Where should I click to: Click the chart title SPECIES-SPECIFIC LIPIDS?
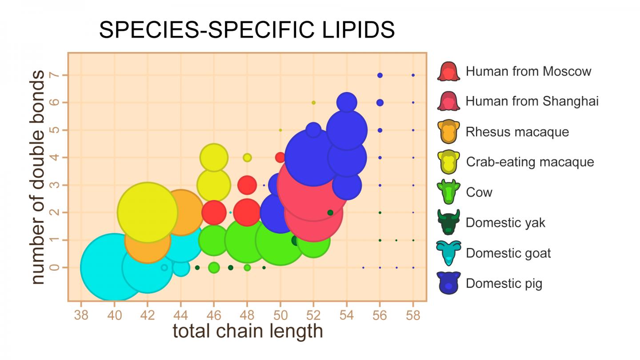(x=247, y=31)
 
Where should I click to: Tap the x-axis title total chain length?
(x=248, y=331)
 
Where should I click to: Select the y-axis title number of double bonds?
(x=39, y=177)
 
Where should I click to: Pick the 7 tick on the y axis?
(x=54, y=75)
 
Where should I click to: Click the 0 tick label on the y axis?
(x=54, y=268)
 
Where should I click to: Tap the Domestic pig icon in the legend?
(x=449, y=283)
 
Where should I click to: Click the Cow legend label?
(x=479, y=192)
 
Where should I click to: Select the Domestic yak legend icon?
(x=449, y=223)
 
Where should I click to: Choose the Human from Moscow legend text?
(x=528, y=71)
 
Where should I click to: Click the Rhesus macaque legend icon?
(x=449, y=132)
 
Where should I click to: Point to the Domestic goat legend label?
(x=508, y=253)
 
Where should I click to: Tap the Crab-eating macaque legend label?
(x=530, y=162)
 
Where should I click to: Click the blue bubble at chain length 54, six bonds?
(x=347, y=102)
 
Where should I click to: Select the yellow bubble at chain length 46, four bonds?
(x=214, y=157)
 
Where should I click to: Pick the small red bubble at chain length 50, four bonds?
(x=280, y=157)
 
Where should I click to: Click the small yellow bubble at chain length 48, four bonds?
(x=247, y=157)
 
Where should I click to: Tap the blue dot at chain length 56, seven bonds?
(x=380, y=75)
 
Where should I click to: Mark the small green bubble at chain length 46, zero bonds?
(x=214, y=268)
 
